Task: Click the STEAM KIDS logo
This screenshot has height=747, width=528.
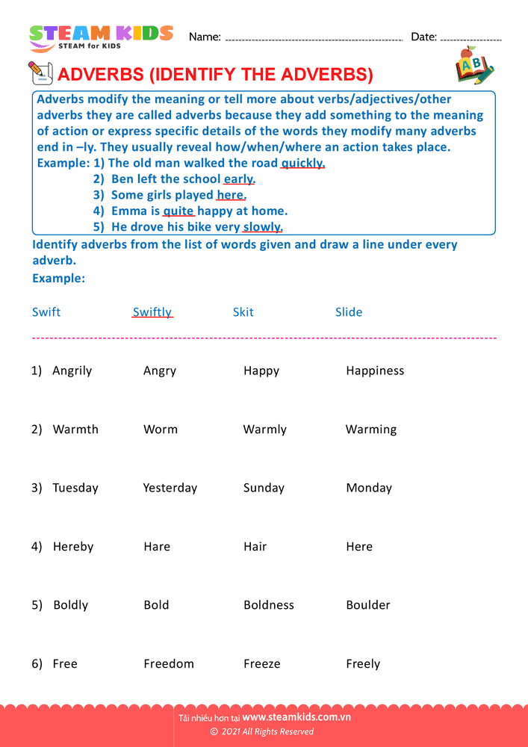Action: [x=101, y=37]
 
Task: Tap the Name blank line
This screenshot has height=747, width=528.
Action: [x=314, y=38]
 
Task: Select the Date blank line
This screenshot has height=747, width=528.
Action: [x=471, y=38]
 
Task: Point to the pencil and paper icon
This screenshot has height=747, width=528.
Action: [x=40, y=73]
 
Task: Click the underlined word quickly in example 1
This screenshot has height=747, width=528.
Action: [x=302, y=163]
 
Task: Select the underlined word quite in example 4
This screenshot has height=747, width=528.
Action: [x=178, y=211]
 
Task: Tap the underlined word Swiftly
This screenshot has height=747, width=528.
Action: [x=152, y=312]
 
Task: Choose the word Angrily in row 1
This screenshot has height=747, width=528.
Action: [x=72, y=371]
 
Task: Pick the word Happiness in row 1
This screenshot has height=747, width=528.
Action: [x=375, y=371]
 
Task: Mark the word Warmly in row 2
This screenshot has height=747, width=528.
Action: [x=264, y=430]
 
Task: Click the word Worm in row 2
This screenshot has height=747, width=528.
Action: [x=161, y=430]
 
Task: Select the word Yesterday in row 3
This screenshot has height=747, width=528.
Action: [x=170, y=488]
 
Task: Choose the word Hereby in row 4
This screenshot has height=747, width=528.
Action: [x=73, y=547]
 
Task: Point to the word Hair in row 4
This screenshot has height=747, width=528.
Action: [x=255, y=547]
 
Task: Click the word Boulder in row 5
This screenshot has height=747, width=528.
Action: [x=368, y=605]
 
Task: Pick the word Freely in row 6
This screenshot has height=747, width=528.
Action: [x=363, y=664]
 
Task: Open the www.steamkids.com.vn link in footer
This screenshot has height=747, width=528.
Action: [x=296, y=717]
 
